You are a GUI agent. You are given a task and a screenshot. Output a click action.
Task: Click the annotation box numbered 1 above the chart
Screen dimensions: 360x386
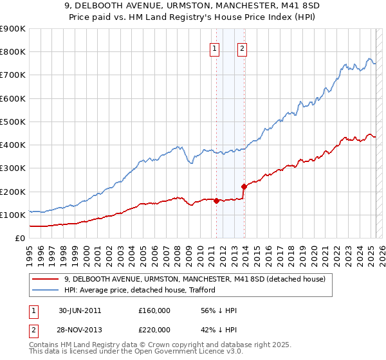click(x=214, y=47)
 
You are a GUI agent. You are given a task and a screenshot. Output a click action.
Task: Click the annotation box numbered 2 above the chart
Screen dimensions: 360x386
click(x=242, y=47)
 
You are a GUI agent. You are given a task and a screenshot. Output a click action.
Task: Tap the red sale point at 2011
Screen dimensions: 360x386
click(x=216, y=201)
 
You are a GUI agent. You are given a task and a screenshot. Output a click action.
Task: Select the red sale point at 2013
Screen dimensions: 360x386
click(x=244, y=186)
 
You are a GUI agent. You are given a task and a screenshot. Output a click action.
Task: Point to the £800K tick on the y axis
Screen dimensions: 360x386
click(x=14, y=52)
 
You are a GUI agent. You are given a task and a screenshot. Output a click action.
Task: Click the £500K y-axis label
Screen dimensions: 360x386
click(x=14, y=122)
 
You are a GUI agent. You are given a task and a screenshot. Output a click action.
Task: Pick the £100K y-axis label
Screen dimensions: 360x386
click(x=14, y=215)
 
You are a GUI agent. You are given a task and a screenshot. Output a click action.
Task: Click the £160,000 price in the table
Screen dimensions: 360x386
click(x=154, y=310)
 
